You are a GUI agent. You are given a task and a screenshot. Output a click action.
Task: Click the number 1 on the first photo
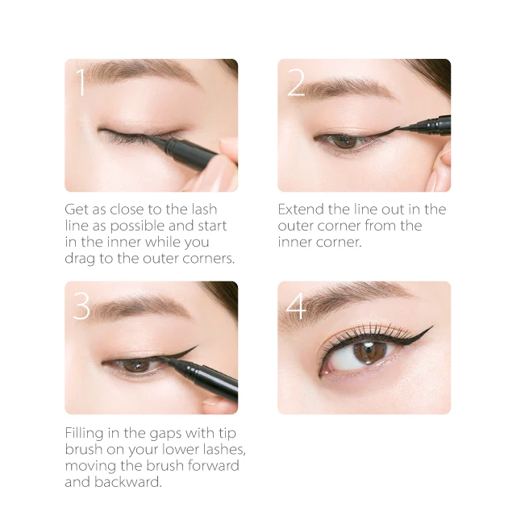point(81,83)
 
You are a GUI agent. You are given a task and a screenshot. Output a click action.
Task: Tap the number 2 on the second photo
point(296,83)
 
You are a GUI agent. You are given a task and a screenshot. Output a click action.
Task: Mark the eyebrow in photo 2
point(355,88)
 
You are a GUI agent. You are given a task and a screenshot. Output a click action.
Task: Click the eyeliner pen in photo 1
point(190,148)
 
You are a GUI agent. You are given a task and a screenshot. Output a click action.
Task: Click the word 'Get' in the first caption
point(77,210)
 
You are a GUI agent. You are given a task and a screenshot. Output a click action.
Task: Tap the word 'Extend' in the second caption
point(301,210)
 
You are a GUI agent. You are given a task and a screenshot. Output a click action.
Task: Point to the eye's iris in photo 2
point(345,140)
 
